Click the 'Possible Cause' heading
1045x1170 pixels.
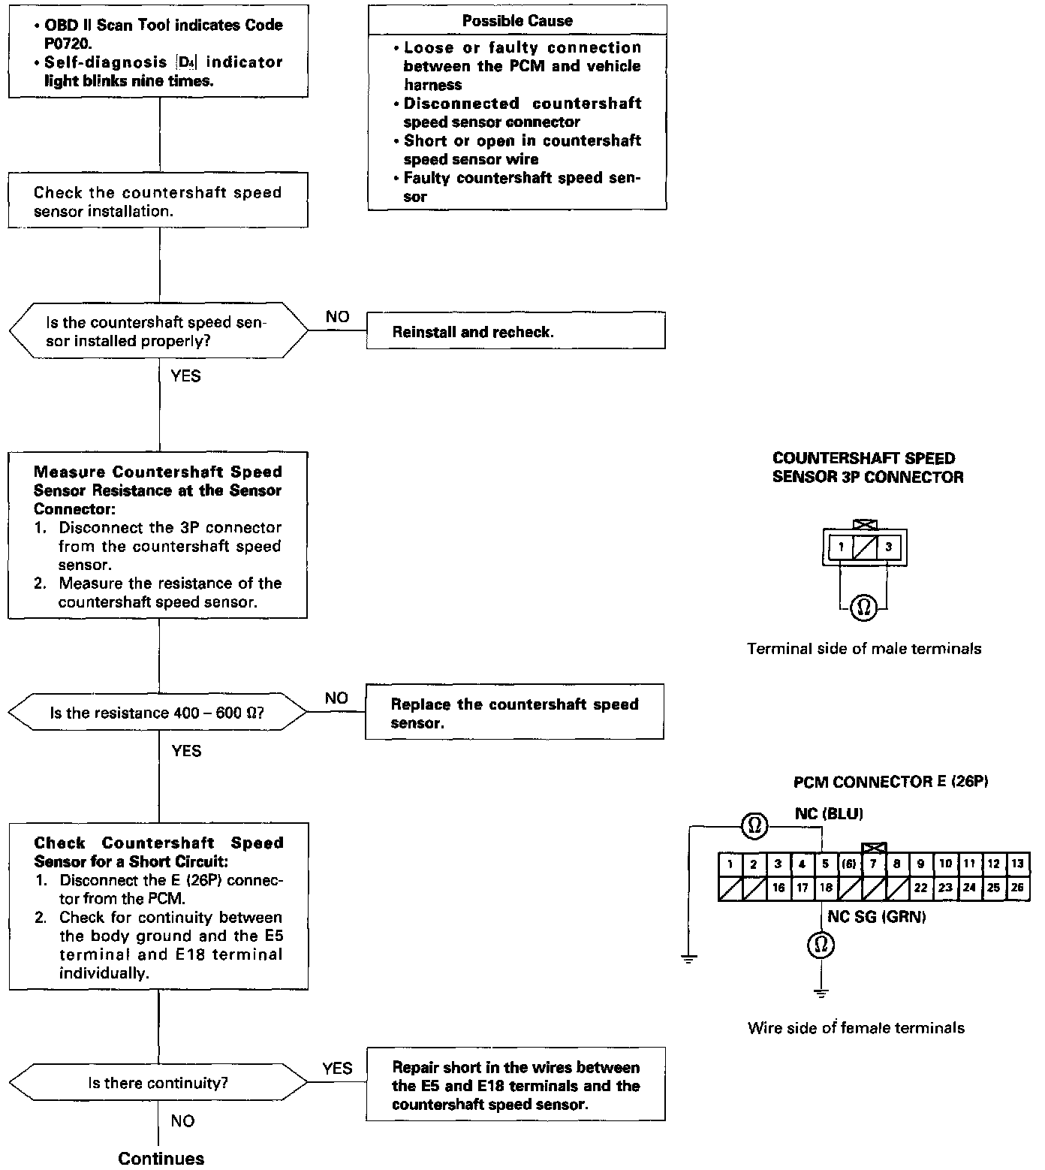pos(517,20)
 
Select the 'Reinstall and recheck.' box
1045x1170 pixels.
pos(516,331)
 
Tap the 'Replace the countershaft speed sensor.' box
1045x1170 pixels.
pos(514,712)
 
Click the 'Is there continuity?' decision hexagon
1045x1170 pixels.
pos(158,1083)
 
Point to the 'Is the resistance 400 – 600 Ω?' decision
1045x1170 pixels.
pos(158,713)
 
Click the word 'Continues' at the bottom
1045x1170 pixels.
pos(161,1158)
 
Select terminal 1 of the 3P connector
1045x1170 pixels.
pos(842,547)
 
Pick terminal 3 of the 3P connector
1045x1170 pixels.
pos(888,547)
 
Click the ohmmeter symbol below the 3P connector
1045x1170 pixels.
pos(864,606)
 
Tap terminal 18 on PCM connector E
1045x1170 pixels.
pos(826,888)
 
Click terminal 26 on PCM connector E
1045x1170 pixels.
pos(1017,888)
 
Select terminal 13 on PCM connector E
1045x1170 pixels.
pos(1017,864)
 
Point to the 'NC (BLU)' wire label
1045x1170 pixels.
pos(829,813)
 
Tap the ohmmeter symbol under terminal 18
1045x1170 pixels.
pos(821,944)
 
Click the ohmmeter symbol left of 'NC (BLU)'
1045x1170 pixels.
pos(754,827)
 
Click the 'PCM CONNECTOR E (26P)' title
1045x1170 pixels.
pos(890,782)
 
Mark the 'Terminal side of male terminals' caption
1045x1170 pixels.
pos(864,649)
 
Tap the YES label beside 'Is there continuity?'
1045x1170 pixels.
pos(337,1068)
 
